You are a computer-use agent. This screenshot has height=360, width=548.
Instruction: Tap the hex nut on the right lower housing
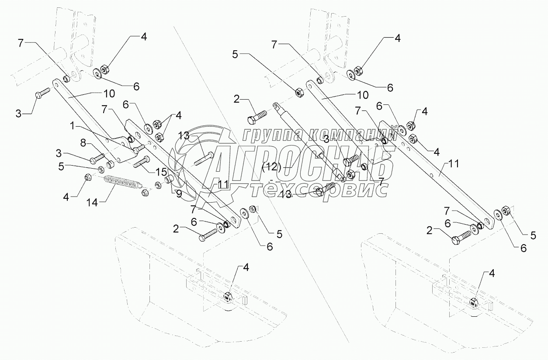pos(474,301)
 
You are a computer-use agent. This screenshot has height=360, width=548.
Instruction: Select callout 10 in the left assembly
pos(109,93)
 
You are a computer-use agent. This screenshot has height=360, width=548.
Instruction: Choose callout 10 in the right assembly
pos(362,95)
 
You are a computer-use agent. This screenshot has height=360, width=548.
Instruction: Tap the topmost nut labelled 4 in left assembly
pos(105,69)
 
